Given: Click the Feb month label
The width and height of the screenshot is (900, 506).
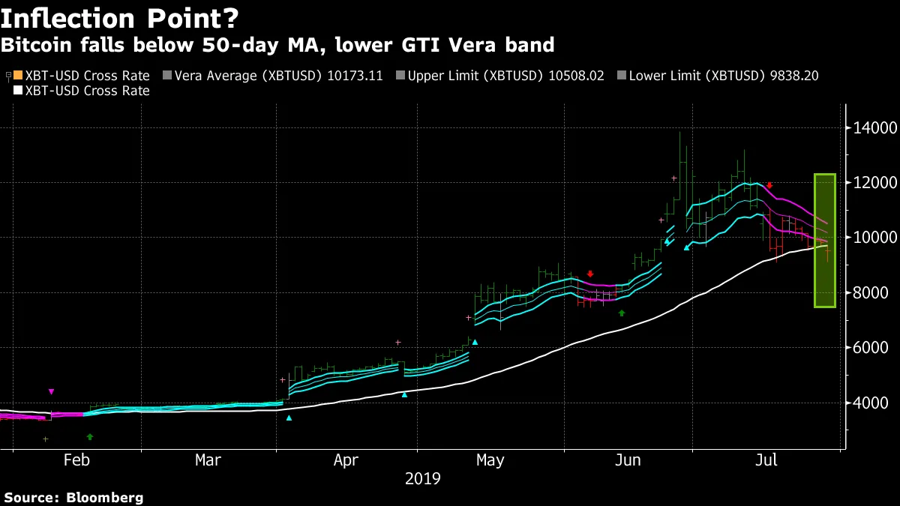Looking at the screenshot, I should point(77,460).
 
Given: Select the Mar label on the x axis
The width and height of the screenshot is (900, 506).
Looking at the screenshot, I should point(208,460).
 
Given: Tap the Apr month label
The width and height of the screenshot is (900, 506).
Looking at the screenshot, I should point(346,460).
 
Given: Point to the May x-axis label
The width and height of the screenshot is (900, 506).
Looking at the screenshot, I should point(490,460).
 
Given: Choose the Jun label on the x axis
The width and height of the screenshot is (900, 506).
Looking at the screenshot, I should point(627,460).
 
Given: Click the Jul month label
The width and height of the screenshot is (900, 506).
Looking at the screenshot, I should point(766,460).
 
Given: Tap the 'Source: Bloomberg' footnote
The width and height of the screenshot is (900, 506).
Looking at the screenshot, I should point(73,497).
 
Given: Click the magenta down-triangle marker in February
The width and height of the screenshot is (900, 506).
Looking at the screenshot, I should point(51,392).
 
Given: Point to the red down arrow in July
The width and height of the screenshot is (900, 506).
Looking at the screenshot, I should point(769,185).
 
